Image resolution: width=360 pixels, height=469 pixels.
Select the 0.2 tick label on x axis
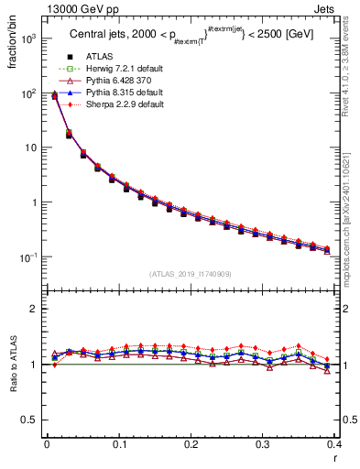[x=191, y=443]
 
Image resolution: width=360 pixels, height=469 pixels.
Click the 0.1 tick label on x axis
[x=119, y=443]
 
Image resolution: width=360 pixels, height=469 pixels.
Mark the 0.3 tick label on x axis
[x=262, y=443]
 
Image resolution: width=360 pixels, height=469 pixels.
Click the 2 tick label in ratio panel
[x=37, y=309]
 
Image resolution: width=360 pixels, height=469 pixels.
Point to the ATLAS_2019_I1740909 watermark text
[x=191, y=274]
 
